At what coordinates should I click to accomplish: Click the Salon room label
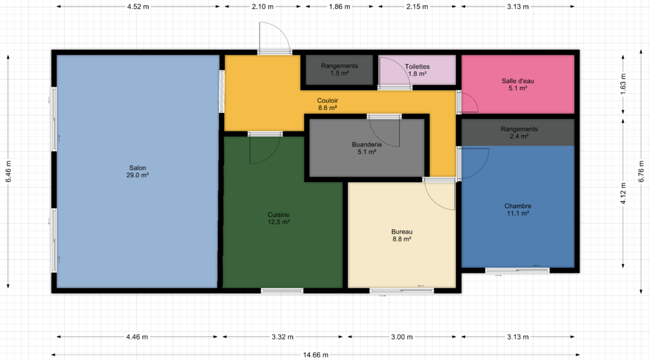(138, 171)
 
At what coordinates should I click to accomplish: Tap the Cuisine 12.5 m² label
(279, 218)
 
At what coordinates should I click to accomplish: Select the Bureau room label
(402, 235)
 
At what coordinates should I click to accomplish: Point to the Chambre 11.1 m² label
(518, 210)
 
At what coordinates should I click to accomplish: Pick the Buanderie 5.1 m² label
(367, 148)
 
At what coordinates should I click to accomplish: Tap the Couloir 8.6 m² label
(328, 104)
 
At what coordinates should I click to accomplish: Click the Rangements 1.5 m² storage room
(340, 70)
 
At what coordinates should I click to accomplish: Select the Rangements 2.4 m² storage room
(518, 132)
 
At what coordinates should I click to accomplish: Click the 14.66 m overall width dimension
(315, 355)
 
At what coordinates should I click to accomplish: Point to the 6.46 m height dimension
(8, 171)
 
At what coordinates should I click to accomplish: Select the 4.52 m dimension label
(138, 6)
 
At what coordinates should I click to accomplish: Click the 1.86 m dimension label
(340, 6)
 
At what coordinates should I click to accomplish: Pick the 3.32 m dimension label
(282, 337)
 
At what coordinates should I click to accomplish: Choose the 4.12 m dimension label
(623, 194)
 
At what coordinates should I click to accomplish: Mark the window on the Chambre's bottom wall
(517, 270)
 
